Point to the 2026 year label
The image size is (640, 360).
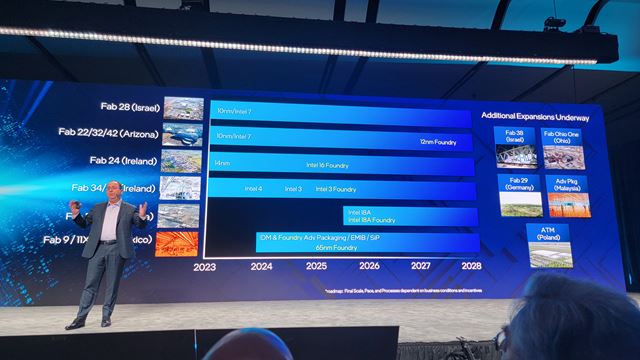click(x=369, y=267)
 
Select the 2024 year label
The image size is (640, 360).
click(x=261, y=267)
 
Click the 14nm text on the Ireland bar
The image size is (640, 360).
click(x=223, y=163)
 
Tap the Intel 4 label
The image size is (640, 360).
click(x=254, y=188)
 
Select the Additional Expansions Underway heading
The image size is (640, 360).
click(x=535, y=117)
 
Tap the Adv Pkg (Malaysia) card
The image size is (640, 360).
click(x=568, y=196)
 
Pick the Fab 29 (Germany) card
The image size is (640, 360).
click(x=519, y=196)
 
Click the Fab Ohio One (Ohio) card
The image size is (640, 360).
click(x=563, y=148)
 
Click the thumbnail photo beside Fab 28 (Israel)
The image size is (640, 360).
click(x=183, y=108)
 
